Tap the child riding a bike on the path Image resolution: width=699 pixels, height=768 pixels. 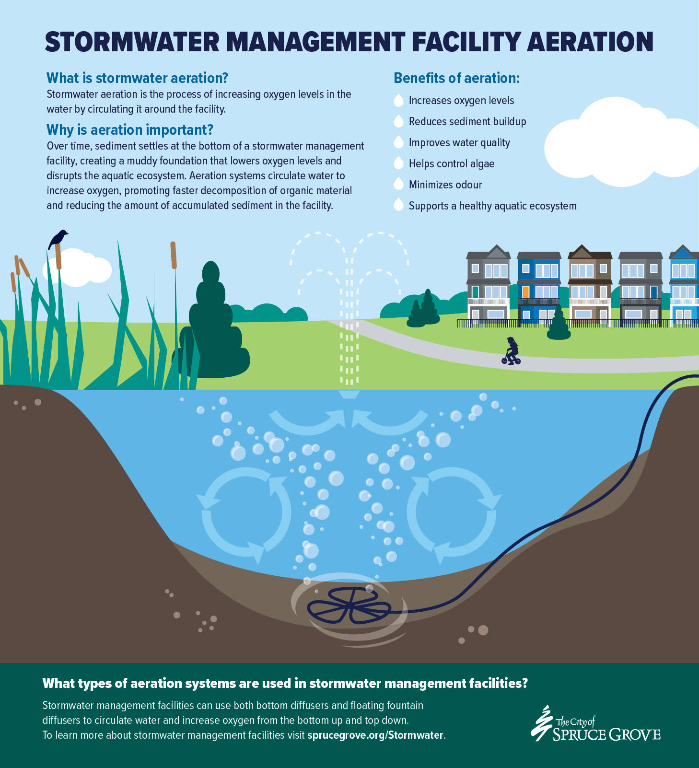click(x=512, y=351)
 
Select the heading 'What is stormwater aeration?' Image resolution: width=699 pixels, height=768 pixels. click(x=137, y=78)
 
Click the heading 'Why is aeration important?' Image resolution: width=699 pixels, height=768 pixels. click(x=129, y=130)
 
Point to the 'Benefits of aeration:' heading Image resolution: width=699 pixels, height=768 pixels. click(x=456, y=78)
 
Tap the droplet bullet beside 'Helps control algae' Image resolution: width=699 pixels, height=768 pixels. click(x=398, y=163)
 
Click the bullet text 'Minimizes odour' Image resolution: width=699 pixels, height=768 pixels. click(x=445, y=185)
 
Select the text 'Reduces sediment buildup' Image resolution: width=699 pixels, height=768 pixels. click(x=467, y=121)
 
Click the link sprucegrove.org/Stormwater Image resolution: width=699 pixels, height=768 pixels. click(x=375, y=735)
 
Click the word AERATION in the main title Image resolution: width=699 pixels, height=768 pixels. click(x=590, y=42)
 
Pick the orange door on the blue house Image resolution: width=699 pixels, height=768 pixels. click(x=525, y=291)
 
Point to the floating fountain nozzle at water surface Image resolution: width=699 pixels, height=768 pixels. click(x=349, y=395)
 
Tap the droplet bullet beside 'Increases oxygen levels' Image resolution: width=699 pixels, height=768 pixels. click(x=398, y=100)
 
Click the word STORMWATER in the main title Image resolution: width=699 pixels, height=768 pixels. click(x=132, y=42)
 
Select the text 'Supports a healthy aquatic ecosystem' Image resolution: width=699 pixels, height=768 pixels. click(x=492, y=206)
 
